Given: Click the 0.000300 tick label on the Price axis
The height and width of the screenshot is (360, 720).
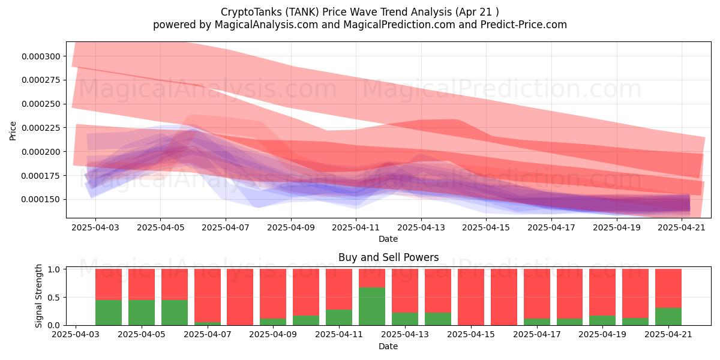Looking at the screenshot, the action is pyautogui.click(x=41, y=56).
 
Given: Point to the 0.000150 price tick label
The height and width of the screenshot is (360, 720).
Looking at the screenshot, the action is pyautogui.click(x=41, y=200).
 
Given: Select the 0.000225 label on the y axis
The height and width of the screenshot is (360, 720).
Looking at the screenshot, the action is pyautogui.click(x=41, y=128).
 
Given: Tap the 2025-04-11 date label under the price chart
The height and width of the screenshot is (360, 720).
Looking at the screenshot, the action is pyautogui.click(x=356, y=227).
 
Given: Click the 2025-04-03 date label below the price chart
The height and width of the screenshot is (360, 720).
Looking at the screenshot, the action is pyautogui.click(x=95, y=227).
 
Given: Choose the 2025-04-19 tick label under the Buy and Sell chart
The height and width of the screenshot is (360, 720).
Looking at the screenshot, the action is pyautogui.click(x=602, y=334).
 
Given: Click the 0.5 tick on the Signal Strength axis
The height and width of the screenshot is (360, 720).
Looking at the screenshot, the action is pyautogui.click(x=53, y=298).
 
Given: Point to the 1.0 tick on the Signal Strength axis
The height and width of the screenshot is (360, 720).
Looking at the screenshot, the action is pyautogui.click(x=53, y=269).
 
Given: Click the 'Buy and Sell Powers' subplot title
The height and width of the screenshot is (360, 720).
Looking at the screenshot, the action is pyautogui.click(x=388, y=257).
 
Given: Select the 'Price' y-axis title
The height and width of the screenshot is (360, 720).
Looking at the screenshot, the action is pyautogui.click(x=13, y=131).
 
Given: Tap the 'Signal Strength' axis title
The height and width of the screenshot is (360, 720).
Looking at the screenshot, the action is pyautogui.click(x=38, y=296).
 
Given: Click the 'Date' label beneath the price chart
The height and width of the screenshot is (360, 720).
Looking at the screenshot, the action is pyautogui.click(x=388, y=239).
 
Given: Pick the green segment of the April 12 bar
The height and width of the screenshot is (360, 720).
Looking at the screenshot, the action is pyautogui.click(x=372, y=307).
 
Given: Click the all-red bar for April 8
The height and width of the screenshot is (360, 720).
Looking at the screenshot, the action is pyautogui.click(x=240, y=297).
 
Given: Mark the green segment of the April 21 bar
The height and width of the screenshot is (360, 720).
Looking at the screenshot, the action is pyautogui.click(x=668, y=317).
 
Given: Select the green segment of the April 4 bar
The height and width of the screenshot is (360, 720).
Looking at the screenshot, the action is pyautogui.click(x=109, y=313).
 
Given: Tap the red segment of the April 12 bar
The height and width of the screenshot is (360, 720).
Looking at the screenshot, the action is pyautogui.click(x=372, y=278).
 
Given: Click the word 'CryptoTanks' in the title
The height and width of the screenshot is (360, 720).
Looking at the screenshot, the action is pyautogui.click(x=249, y=12).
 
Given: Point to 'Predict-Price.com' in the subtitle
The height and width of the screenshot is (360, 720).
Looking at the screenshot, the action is pyautogui.click(x=524, y=25).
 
